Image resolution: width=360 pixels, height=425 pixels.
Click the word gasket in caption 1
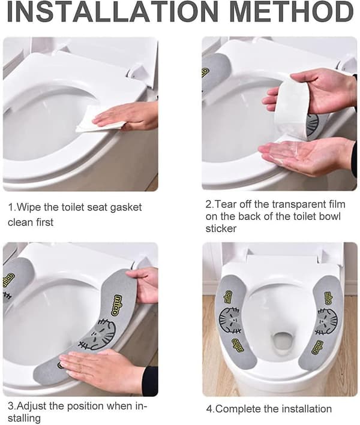point(125,208)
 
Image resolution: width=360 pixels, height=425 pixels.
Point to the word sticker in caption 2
point(221,228)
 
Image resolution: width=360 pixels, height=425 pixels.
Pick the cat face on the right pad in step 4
point(328,321)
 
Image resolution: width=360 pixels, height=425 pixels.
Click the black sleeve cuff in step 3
point(150,381)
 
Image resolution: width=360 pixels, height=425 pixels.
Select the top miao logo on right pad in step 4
point(329,297)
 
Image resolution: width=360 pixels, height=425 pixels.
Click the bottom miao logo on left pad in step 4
point(238,345)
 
